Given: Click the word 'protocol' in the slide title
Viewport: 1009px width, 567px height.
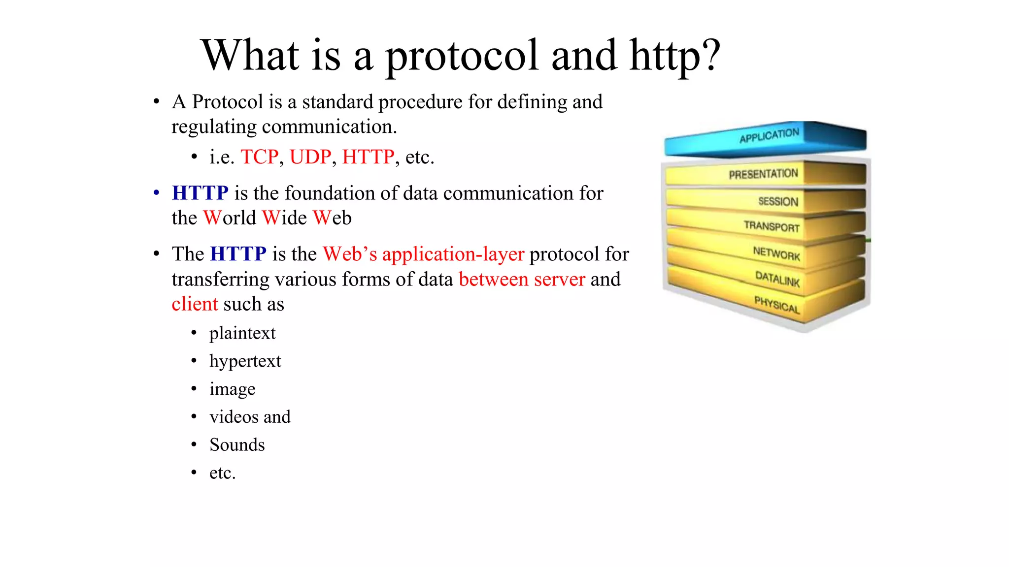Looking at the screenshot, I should (462, 56).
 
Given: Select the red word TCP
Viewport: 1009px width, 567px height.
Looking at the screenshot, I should (259, 157).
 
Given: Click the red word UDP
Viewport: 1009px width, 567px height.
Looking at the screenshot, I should (310, 157).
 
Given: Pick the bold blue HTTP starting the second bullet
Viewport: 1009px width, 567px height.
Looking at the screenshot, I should (200, 193).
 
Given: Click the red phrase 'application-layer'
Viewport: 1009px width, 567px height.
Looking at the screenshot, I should (453, 254).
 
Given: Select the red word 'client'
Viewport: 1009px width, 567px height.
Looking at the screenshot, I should (195, 304).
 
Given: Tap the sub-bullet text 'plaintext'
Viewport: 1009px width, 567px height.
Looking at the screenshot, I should (242, 333).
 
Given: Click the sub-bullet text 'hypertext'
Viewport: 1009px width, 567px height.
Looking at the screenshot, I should (245, 361).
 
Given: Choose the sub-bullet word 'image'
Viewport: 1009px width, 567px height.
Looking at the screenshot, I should (232, 389).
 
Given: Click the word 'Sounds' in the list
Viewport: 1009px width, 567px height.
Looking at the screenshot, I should (237, 445).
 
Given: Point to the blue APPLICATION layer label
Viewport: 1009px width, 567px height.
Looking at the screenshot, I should (769, 135).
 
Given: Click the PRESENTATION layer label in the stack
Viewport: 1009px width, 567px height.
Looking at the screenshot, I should (763, 174).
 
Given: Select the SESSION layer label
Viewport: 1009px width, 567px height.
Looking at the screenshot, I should (778, 201).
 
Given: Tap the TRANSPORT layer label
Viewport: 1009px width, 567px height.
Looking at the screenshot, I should (772, 226).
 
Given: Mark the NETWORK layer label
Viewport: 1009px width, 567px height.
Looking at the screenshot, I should (776, 253).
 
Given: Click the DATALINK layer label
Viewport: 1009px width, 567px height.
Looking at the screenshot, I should (777, 279).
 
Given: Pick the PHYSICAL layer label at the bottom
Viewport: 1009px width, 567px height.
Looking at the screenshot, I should (777, 305).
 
